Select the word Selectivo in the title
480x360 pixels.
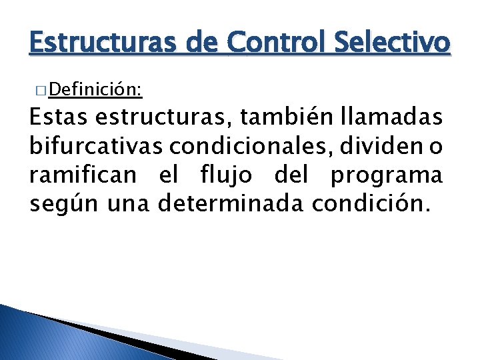point(391,44)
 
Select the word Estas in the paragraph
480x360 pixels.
point(59,118)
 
